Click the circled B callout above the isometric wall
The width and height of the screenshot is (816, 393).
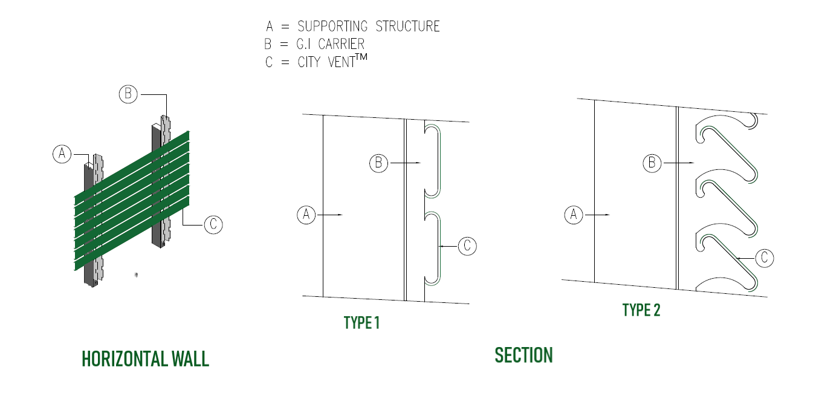click(128, 94)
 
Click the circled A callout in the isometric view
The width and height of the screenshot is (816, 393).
click(62, 154)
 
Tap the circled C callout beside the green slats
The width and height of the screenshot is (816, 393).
click(213, 224)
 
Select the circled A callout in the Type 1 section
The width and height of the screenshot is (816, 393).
click(306, 215)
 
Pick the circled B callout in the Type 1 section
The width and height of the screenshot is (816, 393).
click(379, 163)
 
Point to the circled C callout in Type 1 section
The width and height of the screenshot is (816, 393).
click(467, 246)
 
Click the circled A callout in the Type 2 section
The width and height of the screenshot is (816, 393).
click(574, 215)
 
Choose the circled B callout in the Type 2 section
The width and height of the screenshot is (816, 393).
click(652, 163)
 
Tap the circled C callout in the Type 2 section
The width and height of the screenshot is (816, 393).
click(765, 258)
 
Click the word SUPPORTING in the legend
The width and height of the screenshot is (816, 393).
click(332, 27)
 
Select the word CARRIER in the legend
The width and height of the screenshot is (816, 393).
click(341, 44)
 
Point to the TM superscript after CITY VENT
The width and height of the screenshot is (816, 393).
click(361, 57)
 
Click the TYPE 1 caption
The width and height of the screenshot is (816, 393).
click(361, 323)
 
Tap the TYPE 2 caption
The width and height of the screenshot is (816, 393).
click(641, 310)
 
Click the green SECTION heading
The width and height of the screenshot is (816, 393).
click(524, 356)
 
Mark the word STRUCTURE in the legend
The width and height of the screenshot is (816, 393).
click(407, 27)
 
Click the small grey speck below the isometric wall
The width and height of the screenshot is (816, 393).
click(136, 275)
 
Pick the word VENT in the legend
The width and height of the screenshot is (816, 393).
click(342, 62)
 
